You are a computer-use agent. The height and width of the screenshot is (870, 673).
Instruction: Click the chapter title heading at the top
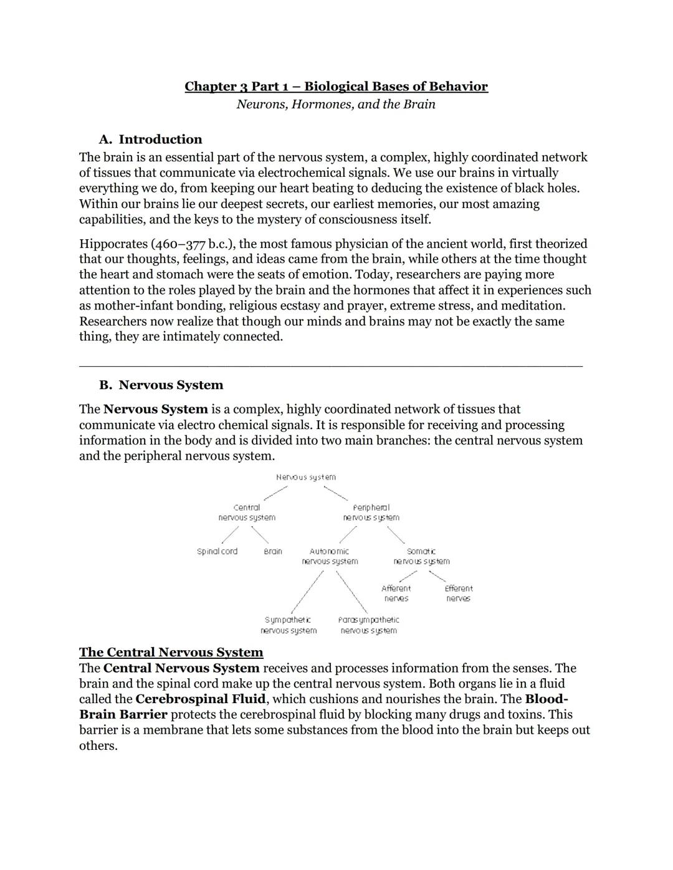(336, 87)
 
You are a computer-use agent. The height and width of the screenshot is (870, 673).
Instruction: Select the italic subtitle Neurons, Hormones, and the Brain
(336, 104)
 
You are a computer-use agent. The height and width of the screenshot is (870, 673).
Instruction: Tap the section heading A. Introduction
(150, 139)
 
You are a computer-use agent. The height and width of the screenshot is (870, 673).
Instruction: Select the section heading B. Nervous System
(161, 385)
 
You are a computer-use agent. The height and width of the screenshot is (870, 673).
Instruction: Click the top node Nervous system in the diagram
(305, 477)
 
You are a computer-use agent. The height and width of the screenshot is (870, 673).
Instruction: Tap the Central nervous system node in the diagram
(247, 513)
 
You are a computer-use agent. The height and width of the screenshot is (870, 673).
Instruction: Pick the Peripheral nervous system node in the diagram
(371, 513)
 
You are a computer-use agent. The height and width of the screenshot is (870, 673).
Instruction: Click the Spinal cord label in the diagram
(217, 552)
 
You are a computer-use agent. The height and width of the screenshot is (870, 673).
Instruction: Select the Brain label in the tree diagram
(273, 552)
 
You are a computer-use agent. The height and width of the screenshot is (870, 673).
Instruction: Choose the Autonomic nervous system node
(330, 556)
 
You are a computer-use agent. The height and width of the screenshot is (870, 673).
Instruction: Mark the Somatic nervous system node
(421, 556)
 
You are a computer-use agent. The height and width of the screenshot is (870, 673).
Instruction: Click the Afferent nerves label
(396, 593)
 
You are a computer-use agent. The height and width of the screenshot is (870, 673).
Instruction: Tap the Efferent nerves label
(459, 593)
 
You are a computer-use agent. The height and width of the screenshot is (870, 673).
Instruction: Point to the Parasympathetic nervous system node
(368, 625)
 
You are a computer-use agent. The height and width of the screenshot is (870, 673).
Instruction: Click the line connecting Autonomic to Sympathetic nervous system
(307, 592)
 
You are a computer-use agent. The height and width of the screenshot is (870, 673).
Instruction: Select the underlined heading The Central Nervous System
(171, 653)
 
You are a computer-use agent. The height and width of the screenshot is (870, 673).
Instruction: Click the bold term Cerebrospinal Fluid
(200, 699)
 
